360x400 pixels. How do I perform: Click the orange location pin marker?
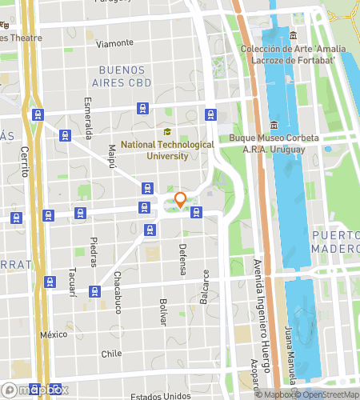(181, 200)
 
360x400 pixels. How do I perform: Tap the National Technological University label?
(168, 150)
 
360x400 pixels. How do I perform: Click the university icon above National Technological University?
(167, 133)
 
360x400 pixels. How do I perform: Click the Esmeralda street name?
(88, 118)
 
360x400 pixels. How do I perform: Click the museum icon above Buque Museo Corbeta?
(274, 125)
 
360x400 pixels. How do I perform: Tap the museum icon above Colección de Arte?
(294, 35)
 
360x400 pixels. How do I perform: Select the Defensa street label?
(182, 260)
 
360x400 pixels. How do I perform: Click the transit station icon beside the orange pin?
(196, 212)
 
